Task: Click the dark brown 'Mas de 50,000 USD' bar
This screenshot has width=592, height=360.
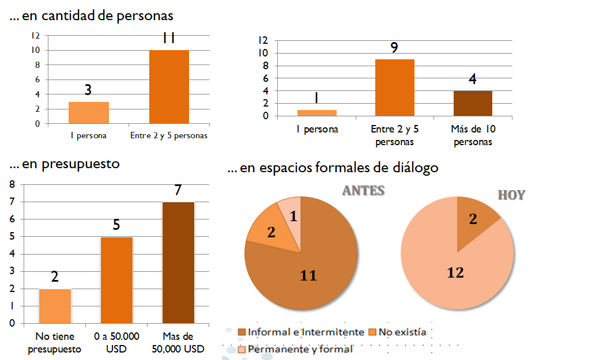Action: tap(178, 263)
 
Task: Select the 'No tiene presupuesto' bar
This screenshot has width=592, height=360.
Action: tap(55, 306)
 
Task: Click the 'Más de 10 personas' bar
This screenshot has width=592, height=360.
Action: tap(473, 103)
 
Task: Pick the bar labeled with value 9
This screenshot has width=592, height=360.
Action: tap(394, 88)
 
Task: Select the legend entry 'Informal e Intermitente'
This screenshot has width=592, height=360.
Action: tap(305, 332)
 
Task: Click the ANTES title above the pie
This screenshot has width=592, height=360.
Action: tap(363, 191)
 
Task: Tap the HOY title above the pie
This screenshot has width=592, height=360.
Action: tap(511, 195)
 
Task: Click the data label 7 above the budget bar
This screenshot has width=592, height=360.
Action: tap(178, 190)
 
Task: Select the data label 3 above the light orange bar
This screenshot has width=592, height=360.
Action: tap(88, 90)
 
